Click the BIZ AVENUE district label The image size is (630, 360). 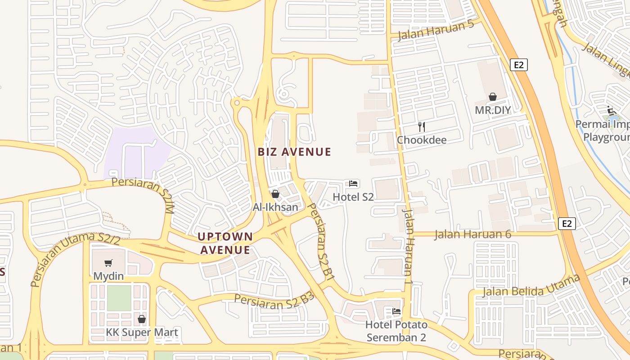point(294,152)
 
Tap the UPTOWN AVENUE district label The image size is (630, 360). point(225,243)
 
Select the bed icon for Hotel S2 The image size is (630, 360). point(353,184)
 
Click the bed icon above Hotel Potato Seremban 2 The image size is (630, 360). point(396,311)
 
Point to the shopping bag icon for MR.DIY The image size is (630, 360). point(493,97)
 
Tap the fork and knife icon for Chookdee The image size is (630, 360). point(421,126)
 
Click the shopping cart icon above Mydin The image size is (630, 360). point(108,263)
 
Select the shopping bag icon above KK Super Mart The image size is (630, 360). point(142,319)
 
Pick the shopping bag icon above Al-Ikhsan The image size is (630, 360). point(275,194)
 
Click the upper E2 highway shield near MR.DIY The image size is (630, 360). point(519,65)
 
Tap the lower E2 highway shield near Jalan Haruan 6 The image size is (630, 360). point(567,224)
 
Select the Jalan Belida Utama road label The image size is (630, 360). point(531,286)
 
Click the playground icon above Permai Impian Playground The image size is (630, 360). point(611,110)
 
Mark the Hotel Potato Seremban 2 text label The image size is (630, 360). point(396,331)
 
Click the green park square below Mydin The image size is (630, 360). point(119,298)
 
